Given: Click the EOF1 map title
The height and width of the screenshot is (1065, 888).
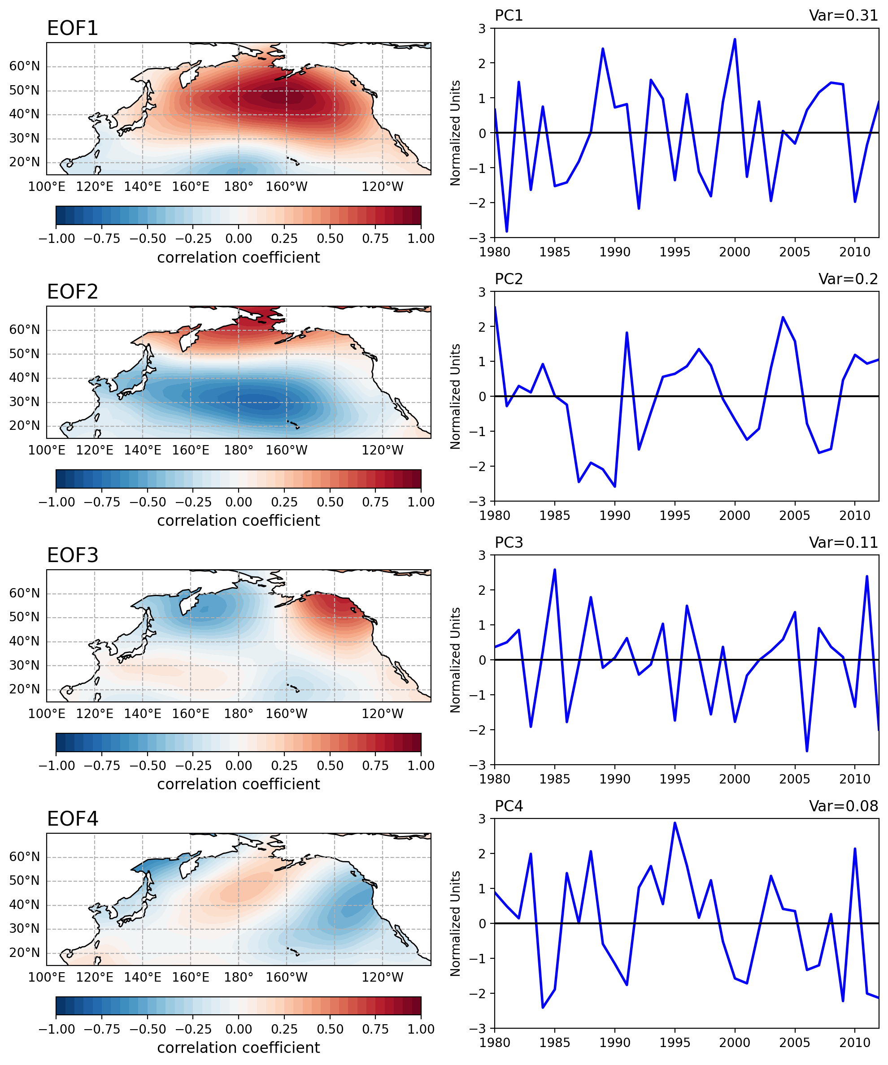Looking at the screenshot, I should [72, 28].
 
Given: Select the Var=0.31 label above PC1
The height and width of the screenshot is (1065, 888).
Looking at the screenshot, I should [843, 16].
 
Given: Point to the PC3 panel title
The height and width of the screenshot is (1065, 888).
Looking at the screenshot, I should [509, 543].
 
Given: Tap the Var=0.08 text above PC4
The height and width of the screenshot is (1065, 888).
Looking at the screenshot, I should [843, 806].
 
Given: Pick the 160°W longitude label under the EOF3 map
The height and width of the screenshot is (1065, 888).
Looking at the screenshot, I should [286, 714].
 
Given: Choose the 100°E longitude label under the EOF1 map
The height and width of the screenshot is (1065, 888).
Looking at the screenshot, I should [47, 186].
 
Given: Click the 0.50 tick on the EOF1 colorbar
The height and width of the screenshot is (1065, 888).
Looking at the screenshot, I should [330, 239].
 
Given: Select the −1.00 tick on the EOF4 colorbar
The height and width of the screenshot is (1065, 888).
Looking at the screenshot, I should [57, 1030].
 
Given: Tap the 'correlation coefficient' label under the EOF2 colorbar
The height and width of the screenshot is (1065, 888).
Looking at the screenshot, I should [239, 521].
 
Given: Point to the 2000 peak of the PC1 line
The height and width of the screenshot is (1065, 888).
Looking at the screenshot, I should [735, 39].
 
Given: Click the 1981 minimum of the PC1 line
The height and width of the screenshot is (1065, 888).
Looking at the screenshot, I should [507, 232].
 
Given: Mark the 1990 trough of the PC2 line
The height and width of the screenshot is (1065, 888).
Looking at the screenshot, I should [615, 487].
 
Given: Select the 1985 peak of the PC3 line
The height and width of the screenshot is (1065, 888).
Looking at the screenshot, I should [555, 570].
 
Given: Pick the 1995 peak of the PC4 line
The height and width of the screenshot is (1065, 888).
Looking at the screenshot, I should [675, 823].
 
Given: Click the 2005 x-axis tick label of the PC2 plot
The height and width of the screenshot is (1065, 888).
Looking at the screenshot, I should [795, 516].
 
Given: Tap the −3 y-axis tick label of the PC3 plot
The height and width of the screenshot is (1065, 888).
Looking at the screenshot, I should [482, 764].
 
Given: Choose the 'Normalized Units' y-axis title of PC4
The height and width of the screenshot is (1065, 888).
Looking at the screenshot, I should [456, 923].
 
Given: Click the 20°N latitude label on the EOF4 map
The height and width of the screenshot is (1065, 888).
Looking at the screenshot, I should [24, 952].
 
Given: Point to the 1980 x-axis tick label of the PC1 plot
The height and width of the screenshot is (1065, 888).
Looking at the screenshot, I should [495, 252].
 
